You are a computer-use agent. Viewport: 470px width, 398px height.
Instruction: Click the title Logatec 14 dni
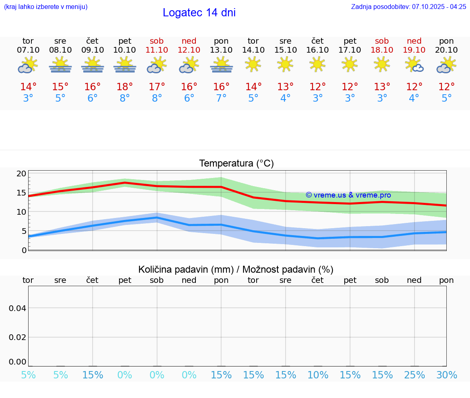pyautogui.click(x=199, y=13)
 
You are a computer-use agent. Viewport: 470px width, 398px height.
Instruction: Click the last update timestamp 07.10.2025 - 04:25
pyautogui.click(x=439, y=7)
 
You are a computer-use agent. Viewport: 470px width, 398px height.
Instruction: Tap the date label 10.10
pyautogui.click(x=124, y=50)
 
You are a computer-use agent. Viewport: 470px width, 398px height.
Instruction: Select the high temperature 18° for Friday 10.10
pyautogui.click(x=124, y=87)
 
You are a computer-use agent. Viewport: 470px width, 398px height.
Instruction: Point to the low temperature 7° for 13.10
pyautogui.click(x=221, y=98)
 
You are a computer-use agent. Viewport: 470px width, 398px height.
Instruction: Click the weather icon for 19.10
pyautogui.click(x=414, y=65)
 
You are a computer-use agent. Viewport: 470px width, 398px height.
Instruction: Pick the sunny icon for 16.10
pyautogui.click(x=317, y=64)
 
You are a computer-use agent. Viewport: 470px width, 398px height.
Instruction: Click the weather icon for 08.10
pyautogui.click(x=60, y=65)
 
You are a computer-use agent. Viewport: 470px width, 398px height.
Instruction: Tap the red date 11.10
pyautogui.click(x=157, y=50)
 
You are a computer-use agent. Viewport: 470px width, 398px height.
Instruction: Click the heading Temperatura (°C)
pyautogui.click(x=236, y=164)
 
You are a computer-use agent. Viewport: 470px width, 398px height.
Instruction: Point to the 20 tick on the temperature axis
pyautogui.click(x=21, y=173)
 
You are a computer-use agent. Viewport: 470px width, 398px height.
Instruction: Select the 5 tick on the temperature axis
pyautogui.click(x=24, y=231)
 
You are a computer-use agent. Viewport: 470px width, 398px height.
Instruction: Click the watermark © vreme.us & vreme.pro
pyautogui.click(x=348, y=196)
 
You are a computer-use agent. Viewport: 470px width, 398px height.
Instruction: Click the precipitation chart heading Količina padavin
pyautogui.click(x=236, y=269)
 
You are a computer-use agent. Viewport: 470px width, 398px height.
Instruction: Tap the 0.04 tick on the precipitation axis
pyautogui.click(x=18, y=308)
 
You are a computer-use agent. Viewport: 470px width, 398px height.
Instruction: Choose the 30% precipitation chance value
pyautogui.click(x=446, y=375)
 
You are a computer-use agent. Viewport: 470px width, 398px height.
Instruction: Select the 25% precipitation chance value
pyautogui.click(x=415, y=375)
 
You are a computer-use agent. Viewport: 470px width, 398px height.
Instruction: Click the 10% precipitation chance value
pyautogui.click(x=317, y=375)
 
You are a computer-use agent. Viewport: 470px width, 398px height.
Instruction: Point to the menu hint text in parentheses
pyautogui.click(x=46, y=7)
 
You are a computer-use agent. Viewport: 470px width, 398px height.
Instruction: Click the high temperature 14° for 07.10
pyautogui.click(x=28, y=87)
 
